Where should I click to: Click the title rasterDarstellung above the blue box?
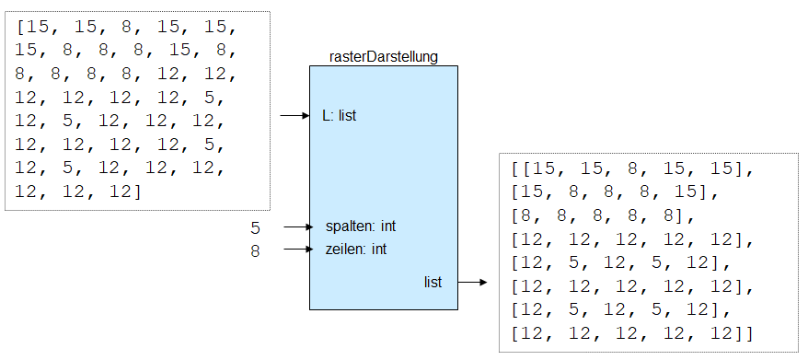click(x=383, y=57)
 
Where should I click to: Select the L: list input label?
click(x=339, y=116)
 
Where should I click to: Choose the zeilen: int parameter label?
click(x=356, y=250)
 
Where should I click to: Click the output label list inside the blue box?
click(x=433, y=282)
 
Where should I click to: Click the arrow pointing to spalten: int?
click(x=299, y=226)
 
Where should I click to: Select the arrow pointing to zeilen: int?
click(x=299, y=250)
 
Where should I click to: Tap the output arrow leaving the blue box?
click(x=472, y=283)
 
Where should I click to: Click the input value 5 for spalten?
click(x=255, y=227)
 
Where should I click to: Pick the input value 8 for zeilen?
click(x=255, y=250)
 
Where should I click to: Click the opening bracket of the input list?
click(x=20, y=28)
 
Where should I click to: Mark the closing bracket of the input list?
click(x=138, y=192)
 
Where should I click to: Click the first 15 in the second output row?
click(x=529, y=193)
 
